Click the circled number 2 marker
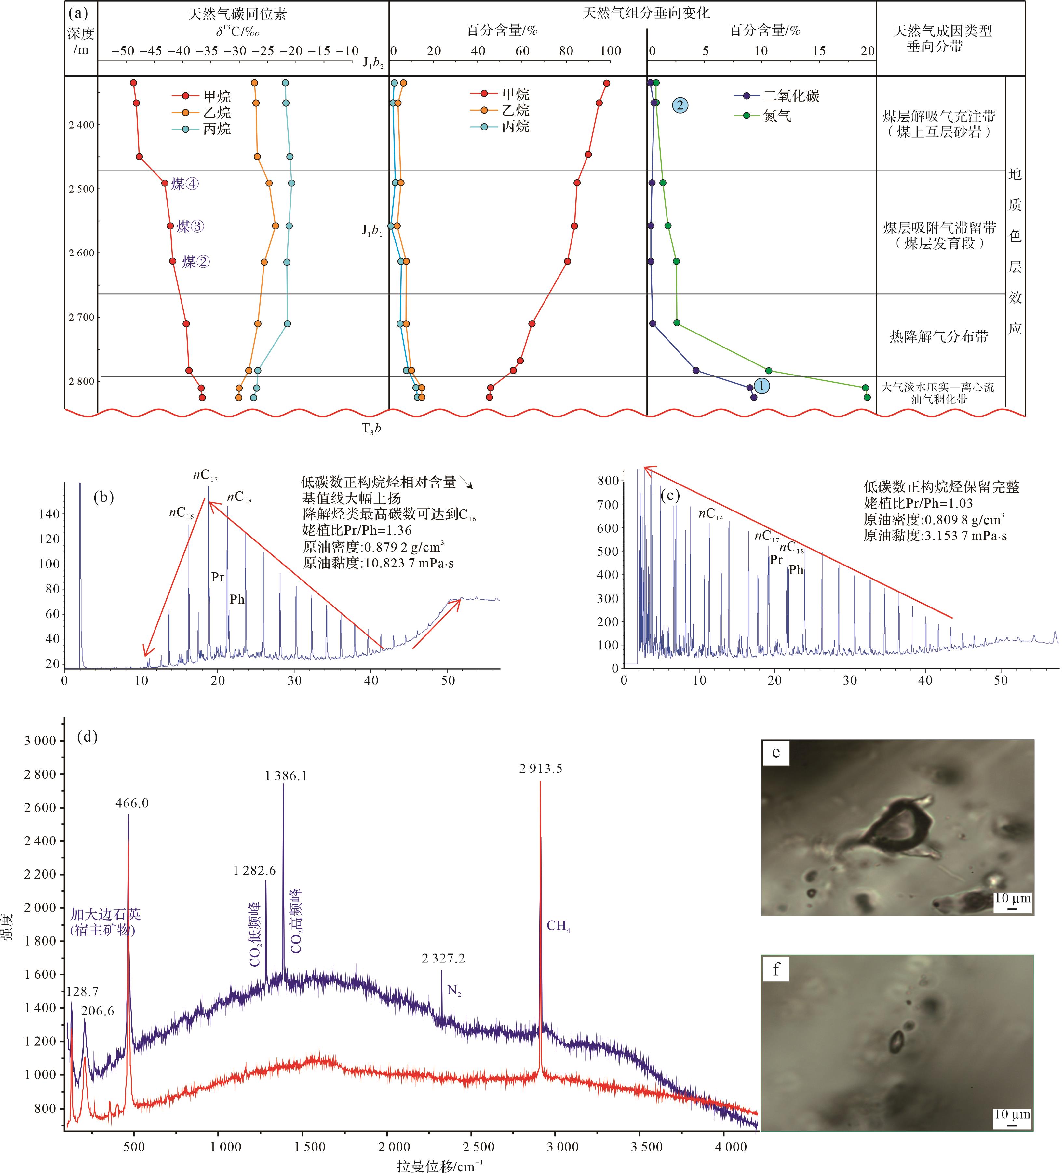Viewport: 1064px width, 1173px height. (680, 105)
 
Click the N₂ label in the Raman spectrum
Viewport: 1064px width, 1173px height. (454, 990)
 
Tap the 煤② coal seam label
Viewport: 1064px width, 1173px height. (195, 262)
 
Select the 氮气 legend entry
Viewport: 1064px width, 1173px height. (777, 116)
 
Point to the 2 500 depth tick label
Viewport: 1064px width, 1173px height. (81, 189)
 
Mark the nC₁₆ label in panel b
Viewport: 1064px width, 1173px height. (182, 513)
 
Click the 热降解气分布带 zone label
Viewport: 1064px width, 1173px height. (938, 336)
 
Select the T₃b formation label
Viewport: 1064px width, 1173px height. (371, 429)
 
